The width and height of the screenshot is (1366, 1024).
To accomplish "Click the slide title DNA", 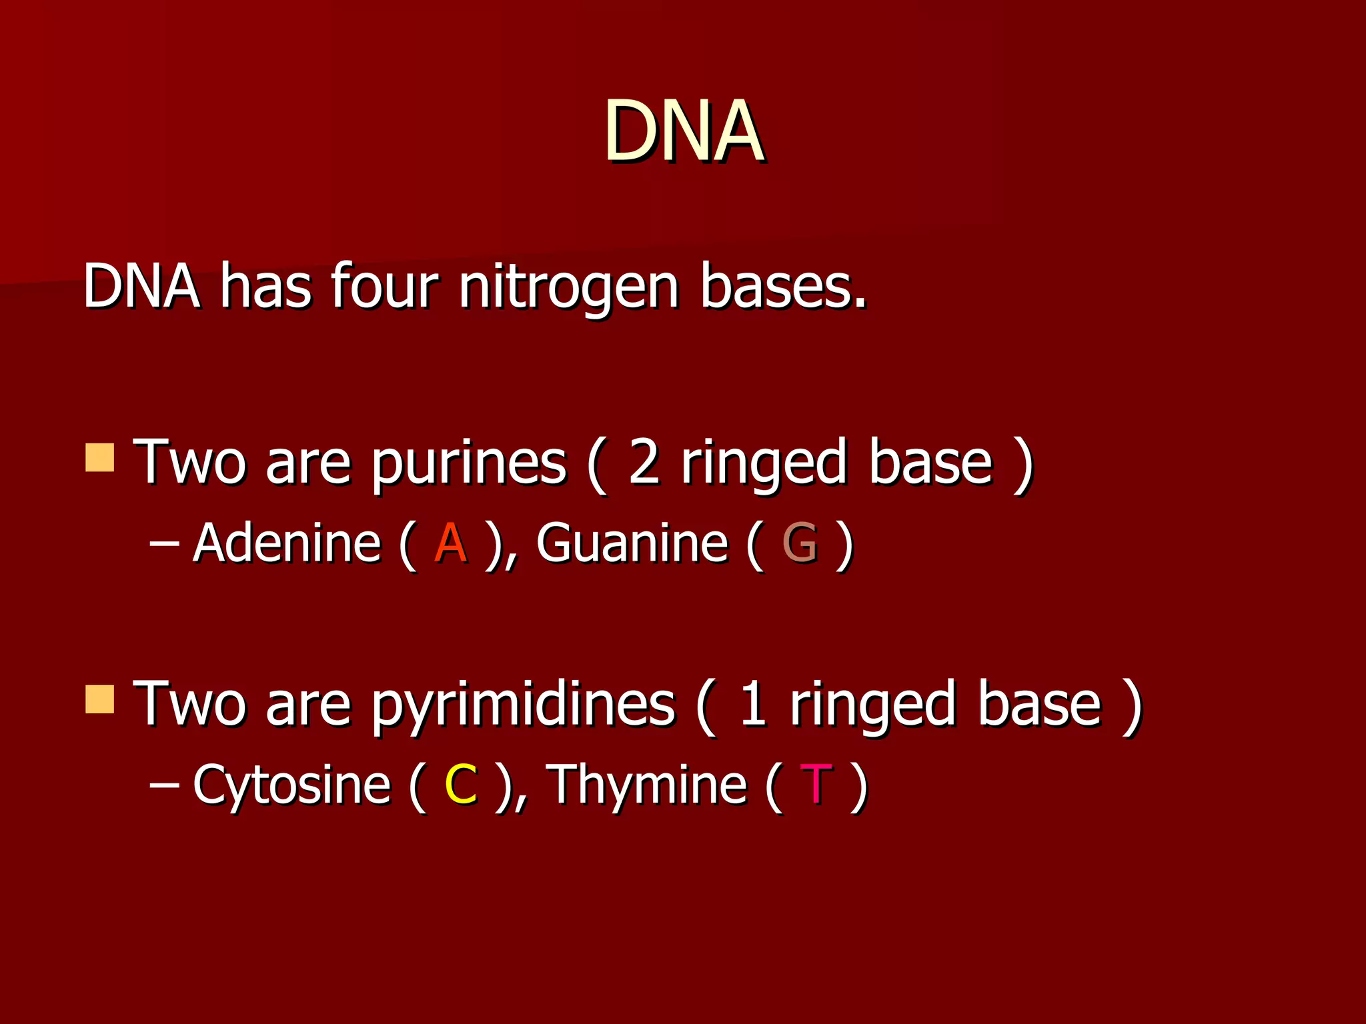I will [x=684, y=131].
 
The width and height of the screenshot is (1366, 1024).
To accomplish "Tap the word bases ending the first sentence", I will [x=782, y=287].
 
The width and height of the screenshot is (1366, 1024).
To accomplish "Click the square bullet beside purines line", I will [x=100, y=458].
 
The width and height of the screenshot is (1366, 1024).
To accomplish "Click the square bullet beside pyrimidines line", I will [x=100, y=699].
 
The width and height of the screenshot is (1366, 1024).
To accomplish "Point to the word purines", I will [x=469, y=465].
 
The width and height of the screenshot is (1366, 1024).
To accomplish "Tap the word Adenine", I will [x=287, y=543].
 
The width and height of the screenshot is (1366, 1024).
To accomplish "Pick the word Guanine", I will [x=632, y=543].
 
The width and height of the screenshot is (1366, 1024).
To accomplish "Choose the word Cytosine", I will [x=291, y=785].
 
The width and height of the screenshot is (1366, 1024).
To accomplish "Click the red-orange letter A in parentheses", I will [x=450, y=544].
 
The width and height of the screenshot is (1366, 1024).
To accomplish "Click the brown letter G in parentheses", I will [x=800, y=544].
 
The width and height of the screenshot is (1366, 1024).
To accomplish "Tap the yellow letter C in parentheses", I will [x=461, y=785].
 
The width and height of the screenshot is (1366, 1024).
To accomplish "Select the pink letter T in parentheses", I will [x=816, y=785].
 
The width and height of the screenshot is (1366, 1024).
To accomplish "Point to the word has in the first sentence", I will [x=265, y=287].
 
